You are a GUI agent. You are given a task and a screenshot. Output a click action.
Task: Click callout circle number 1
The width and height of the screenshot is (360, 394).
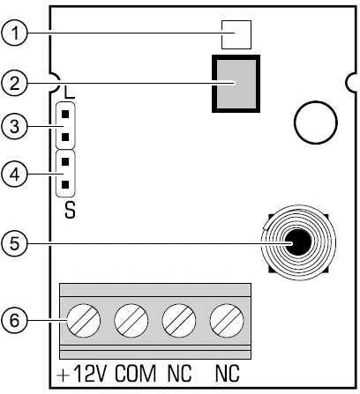coord(14,33)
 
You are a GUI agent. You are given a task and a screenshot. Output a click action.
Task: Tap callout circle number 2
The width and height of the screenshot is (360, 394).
coord(14,83)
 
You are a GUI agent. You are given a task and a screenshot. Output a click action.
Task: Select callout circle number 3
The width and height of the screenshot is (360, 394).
coord(14,126)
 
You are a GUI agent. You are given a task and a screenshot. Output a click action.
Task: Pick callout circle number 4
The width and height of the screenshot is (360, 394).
coord(14,175)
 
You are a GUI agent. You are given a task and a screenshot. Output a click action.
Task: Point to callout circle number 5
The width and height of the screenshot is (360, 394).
coord(14,243)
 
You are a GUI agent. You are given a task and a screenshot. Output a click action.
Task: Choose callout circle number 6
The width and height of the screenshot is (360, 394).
coord(14,320)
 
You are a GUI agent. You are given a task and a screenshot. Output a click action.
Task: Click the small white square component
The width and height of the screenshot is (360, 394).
coord(236,34)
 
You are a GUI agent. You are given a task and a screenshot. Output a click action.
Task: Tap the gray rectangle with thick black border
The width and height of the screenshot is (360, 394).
coord(236,84)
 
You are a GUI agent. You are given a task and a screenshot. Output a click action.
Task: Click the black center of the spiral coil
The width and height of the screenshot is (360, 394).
coord(298,242)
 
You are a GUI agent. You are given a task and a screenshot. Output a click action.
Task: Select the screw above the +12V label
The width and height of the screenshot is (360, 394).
coord(84,321)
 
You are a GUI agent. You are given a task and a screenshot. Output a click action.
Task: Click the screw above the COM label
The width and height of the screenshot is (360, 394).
coord(131,321)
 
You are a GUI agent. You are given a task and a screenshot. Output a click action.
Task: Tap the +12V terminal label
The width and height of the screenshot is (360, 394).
coord(81,374)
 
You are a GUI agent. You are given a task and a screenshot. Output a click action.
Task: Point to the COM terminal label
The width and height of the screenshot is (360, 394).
coord(135,374)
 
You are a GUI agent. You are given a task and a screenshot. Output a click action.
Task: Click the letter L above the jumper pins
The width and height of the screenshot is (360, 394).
coord(70,93)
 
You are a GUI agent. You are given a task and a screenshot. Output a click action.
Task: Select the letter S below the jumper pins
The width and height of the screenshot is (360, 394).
coord(70,210)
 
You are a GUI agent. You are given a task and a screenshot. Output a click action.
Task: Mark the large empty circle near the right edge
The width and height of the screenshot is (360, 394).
coord(316,123)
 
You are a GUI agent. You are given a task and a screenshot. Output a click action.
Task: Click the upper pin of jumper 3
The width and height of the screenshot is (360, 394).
coord(65,114)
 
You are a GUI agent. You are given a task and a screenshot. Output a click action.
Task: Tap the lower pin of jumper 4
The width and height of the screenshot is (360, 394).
coord(65,184)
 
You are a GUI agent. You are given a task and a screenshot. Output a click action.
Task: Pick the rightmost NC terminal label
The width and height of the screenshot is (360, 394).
coord(228,374)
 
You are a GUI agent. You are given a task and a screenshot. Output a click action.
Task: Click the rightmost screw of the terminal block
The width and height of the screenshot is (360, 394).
coord(227,321)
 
